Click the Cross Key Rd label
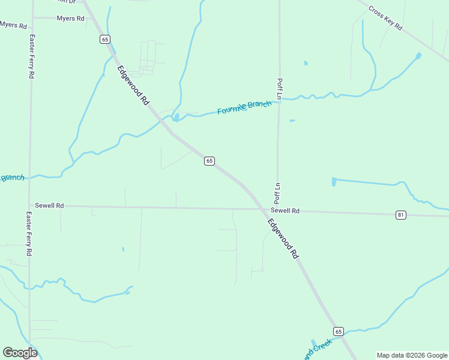pos(385,19)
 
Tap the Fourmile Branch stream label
pos(244,107)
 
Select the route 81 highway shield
pos(401,214)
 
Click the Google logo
pos(20,353)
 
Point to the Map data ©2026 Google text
pos(412,355)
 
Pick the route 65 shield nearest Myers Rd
pos(105,39)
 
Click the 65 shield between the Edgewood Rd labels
pos(209,161)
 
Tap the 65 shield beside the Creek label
pos(339,331)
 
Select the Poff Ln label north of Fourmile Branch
pos(279,88)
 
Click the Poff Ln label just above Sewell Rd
pos(278,191)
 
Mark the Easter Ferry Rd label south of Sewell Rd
pos(28,234)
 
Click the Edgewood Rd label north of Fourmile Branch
pos(133,85)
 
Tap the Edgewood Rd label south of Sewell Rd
pos(283,238)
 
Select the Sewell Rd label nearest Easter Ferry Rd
pos(49,205)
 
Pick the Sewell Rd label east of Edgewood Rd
pos(285,211)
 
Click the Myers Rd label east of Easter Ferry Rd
pos(70,19)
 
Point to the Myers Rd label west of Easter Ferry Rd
pos(13,25)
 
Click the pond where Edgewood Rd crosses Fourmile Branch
pos(175,117)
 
